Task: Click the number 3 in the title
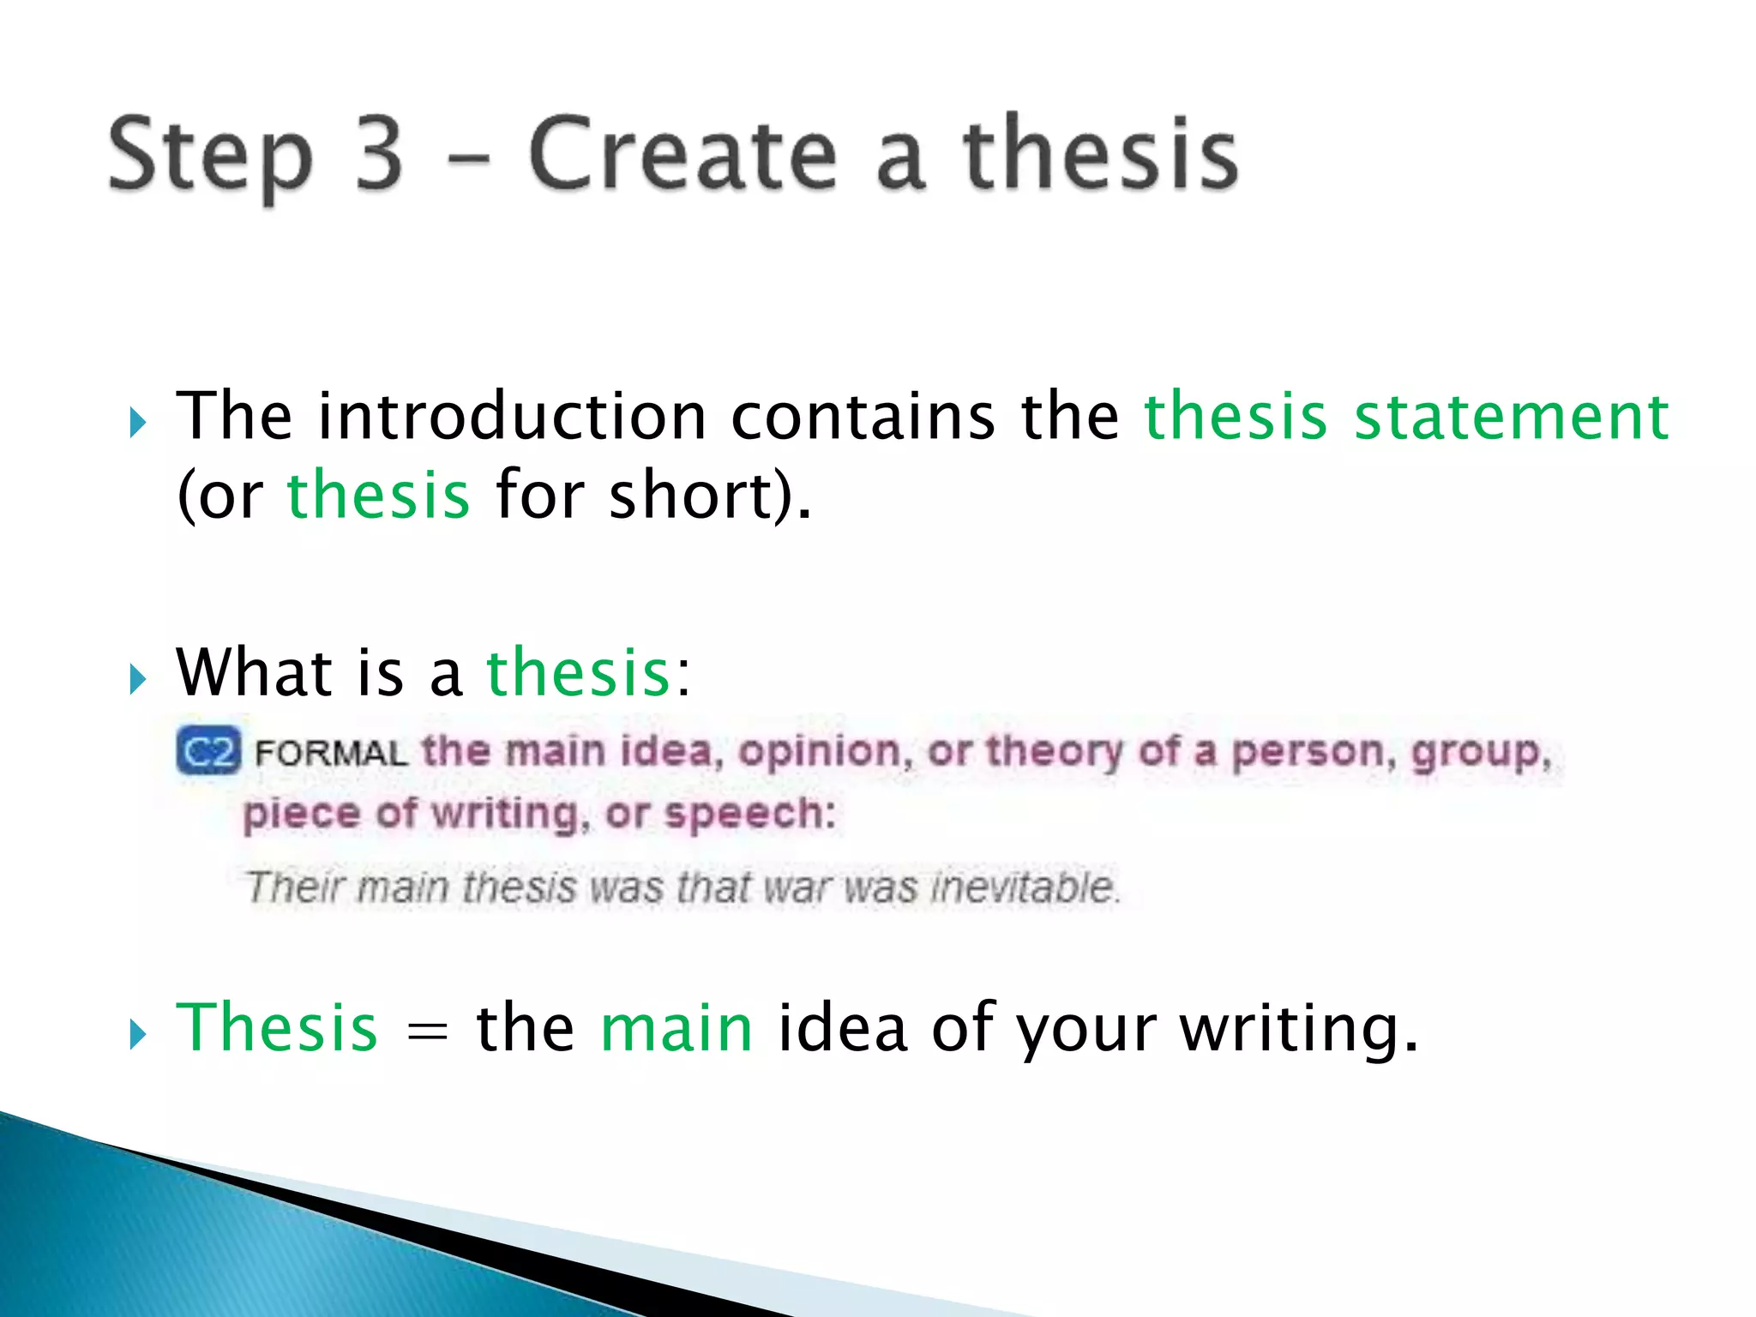[378, 154]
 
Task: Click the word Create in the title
[682, 154]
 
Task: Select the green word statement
[1511, 417]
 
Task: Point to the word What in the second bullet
[254, 672]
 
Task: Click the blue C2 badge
[208, 752]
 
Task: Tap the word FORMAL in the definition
[331, 754]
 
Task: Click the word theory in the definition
[1054, 752]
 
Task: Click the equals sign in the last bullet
[427, 1030]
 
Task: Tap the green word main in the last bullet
[676, 1028]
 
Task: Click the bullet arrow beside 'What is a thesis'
[137, 679]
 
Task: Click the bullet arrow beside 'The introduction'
[137, 423]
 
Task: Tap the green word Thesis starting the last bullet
[276, 1028]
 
